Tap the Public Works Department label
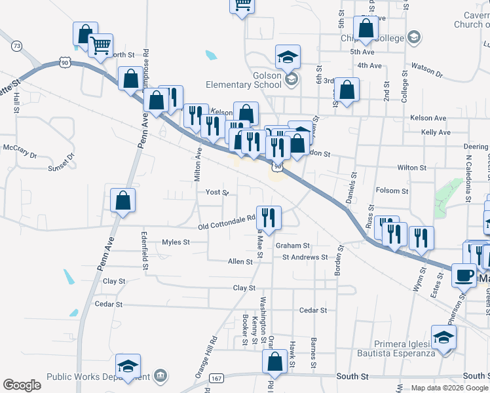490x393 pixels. pyautogui.click(x=98, y=377)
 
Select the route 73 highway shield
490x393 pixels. pyautogui.click(x=17, y=46)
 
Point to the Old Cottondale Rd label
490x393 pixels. pyautogui.click(x=227, y=227)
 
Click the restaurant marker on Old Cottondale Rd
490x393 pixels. pyautogui.click(x=269, y=216)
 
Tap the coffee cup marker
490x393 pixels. pyautogui.click(x=464, y=275)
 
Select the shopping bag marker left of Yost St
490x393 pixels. pyautogui.click(x=122, y=202)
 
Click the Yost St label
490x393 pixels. pyautogui.click(x=216, y=193)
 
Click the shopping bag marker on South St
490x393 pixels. pyautogui.click(x=275, y=361)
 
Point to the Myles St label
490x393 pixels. pyautogui.click(x=176, y=242)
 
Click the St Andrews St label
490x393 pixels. pyautogui.click(x=305, y=257)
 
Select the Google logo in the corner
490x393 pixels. pyautogui.click(x=22, y=385)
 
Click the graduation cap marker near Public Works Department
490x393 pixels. pyautogui.click(x=128, y=365)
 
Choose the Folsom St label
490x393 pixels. pyautogui.click(x=392, y=191)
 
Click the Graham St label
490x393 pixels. pyautogui.click(x=292, y=246)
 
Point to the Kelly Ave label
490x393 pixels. pyautogui.click(x=436, y=132)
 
